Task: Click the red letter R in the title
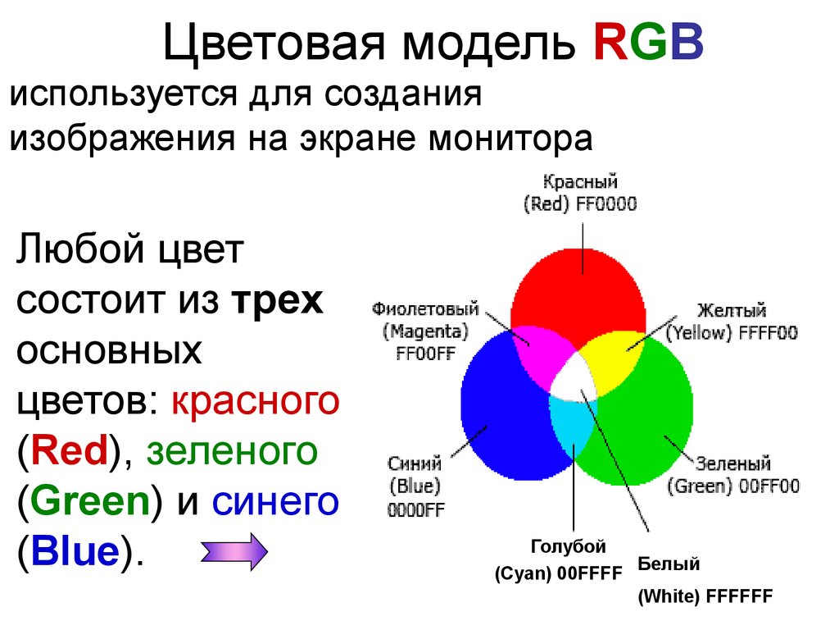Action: click(x=611, y=43)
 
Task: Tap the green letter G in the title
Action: click(x=649, y=43)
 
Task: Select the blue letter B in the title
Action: click(x=687, y=43)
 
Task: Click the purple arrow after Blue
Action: click(x=234, y=551)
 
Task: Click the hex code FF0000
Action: click(x=606, y=204)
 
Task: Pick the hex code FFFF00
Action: click(x=768, y=333)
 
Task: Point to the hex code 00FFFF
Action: click(x=590, y=573)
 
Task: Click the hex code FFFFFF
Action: click(x=740, y=596)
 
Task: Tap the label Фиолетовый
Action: click(x=425, y=309)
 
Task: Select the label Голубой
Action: click(x=569, y=547)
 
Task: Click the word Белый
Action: click(x=669, y=564)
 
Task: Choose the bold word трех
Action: click(x=277, y=302)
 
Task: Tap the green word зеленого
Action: click(x=232, y=451)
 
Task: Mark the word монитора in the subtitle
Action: click(x=510, y=139)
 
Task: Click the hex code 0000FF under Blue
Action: click(x=415, y=509)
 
